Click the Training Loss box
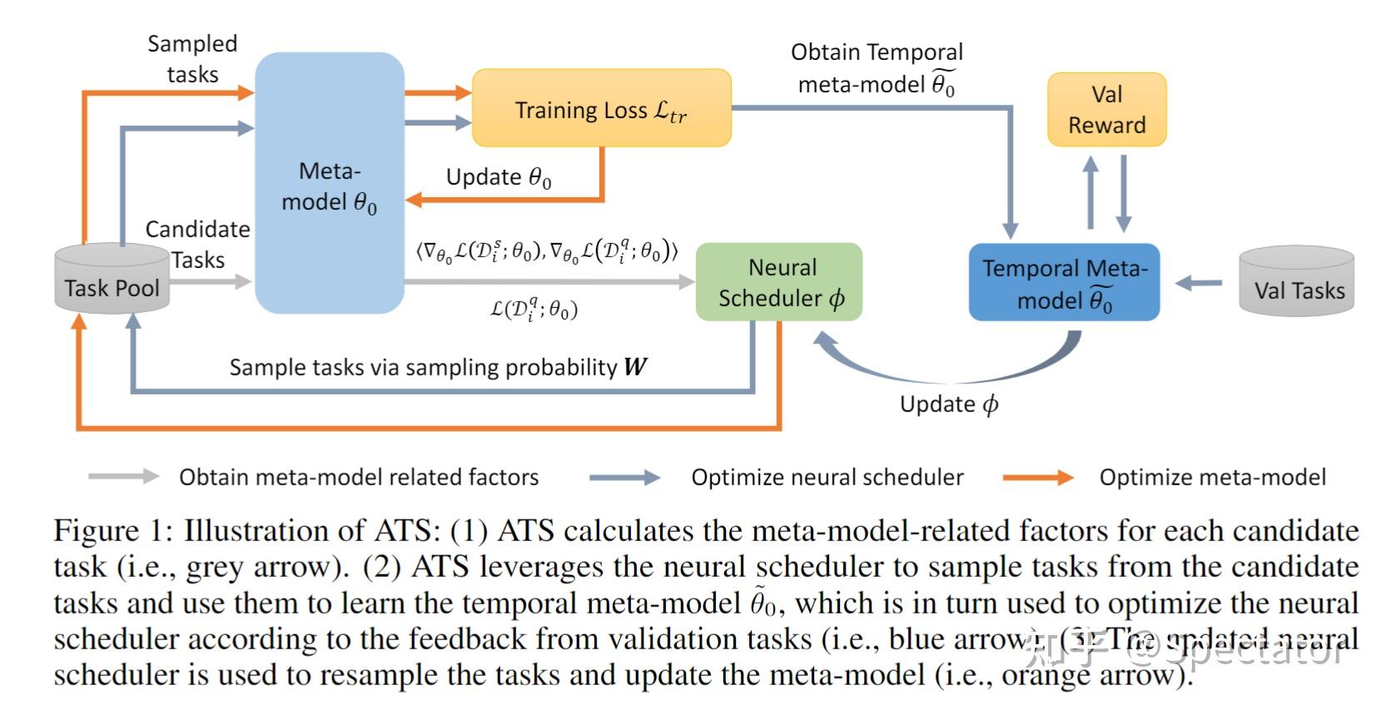tap(601, 109)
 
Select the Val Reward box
tap(1106, 110)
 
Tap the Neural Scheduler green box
tap(779, 282)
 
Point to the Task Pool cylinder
tap(112, 281)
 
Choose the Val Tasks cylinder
tap(1296, 283)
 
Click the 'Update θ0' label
tap(498, 177)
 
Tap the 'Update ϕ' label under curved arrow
tap(948, 405)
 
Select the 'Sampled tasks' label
tap(192, 58)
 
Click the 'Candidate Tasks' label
tap(197, 244)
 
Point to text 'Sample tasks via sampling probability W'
tap(438, 367)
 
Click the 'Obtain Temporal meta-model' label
tap(876, 68)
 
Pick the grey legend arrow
tap(123, 476)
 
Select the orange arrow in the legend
tap(1038, 477)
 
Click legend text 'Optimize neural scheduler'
tap(827, 477)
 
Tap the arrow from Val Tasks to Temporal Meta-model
tap(1199, 284)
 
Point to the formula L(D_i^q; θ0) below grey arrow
tap(534, 310)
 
